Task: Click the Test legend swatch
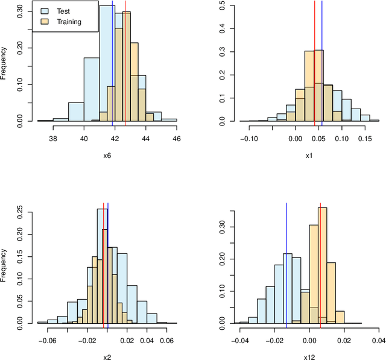click(x=45, y=11)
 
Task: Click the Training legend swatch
click(x=45, y=22)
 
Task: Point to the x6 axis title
click(x=107, y=156)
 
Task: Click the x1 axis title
click(x=309, y=156)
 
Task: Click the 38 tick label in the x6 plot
click(x=53, y=139)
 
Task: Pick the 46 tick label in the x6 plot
click(x=177, y=139)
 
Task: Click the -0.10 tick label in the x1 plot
click(x=249, y=139)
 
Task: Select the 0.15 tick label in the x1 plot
click(x=365, y=139)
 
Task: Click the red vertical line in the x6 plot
click(x=125, y=60)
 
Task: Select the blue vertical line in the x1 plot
click(x=322, y=60)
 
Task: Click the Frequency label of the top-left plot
click(x=4, y=63)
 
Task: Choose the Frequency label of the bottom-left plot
click(x=4, y=265)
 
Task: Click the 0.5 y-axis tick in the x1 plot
click(x=223, y=6)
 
